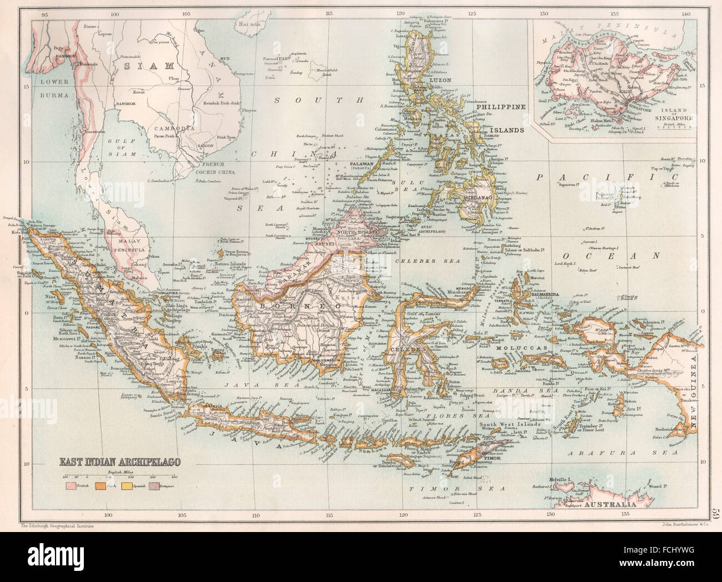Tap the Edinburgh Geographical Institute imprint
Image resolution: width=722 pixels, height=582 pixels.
[x=54, y=524]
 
